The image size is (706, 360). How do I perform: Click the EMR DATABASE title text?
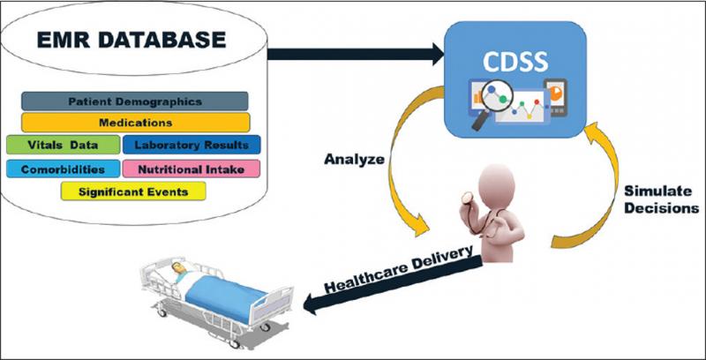tap(131, 40)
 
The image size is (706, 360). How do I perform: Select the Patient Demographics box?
tap(135, 101)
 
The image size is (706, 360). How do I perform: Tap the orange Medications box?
tap(136, 123)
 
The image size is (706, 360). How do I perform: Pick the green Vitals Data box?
tap(63, 145)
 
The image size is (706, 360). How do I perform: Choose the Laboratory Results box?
tap(192, 145)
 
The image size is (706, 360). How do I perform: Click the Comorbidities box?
tap(63, 169)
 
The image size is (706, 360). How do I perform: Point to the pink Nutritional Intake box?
tap(192, 169)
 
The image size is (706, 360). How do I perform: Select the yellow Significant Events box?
tap(133, 191)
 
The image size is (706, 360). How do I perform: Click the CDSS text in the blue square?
tap(515, 62)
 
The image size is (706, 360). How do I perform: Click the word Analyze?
tap(355, 160)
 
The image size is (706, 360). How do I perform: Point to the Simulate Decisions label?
tap(661, 199)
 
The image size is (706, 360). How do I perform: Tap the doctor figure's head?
tap(497, 185)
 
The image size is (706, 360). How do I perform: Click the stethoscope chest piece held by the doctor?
tap(468, 196)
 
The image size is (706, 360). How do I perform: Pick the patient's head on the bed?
tap(179, 266)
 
